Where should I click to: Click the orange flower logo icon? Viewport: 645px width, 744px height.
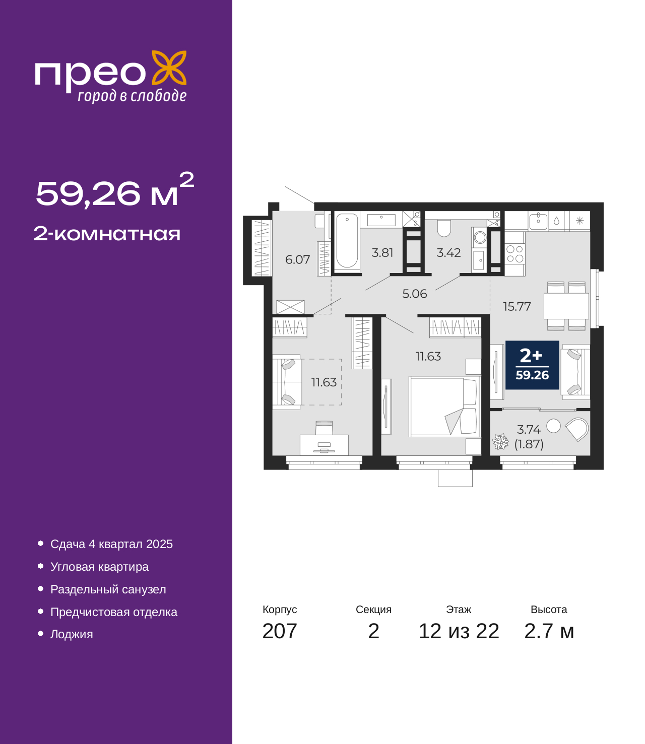[169, 68]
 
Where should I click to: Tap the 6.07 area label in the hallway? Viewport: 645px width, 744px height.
[297, 259]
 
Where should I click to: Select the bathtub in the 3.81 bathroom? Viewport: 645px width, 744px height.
[347, 240]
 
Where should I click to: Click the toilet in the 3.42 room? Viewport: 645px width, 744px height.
[443, 228]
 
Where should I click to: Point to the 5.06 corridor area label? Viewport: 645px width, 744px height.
[415, 294]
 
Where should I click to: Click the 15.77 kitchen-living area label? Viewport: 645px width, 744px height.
[517, 306]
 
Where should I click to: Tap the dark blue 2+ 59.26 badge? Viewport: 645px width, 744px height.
[532, 365]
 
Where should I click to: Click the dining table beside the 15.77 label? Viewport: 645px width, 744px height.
[566, 306]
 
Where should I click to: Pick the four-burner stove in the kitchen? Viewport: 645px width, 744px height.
[514, 253]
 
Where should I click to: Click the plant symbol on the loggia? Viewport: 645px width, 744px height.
[500, 442]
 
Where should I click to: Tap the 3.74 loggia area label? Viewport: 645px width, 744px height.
[529, 429]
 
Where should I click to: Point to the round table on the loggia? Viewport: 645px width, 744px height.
[553, 426]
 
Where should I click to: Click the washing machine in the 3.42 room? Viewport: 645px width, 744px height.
[480, 237]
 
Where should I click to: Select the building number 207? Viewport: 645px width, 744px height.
[280, 631]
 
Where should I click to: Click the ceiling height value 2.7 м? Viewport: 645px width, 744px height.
[548, 631]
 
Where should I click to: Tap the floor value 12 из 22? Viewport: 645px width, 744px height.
[459, 631]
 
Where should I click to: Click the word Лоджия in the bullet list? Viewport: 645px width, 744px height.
[72, 634]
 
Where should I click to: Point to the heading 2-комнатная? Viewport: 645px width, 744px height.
[107, 234]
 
